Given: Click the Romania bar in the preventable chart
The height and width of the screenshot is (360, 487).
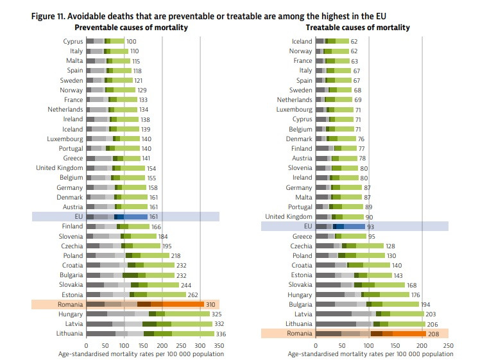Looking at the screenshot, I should click(144, 304).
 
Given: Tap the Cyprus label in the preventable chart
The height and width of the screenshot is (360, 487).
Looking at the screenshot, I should click(73, 42).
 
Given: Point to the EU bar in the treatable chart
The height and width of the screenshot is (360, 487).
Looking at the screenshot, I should click(340, 227).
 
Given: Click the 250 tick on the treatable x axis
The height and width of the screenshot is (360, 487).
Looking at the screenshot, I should click(448, 345).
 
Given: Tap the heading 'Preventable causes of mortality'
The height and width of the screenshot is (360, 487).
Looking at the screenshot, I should click(132, 28).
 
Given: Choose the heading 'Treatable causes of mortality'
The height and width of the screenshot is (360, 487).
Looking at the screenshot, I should click(358, 28).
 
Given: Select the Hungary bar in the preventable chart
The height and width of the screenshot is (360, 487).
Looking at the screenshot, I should click(148, 314).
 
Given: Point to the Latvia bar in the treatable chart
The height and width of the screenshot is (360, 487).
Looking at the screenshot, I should click(370, 314).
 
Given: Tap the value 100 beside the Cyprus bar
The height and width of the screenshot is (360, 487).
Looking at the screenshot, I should click(132, 42).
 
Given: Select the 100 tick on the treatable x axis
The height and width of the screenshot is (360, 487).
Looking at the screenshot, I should click(368, 345).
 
